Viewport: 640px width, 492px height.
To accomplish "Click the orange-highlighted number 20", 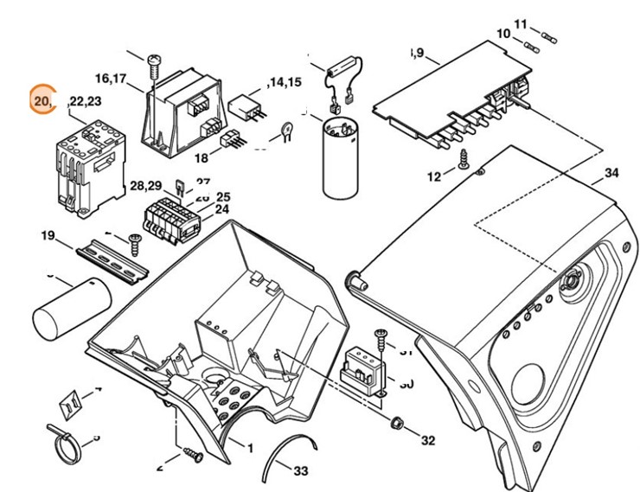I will (41, 102).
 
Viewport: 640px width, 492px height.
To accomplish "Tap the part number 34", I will (611, 174).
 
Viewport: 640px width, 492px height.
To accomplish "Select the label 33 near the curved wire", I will (300, 471).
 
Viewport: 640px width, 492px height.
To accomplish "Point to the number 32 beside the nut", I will (427, 441).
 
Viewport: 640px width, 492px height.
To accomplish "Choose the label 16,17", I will (112, 79).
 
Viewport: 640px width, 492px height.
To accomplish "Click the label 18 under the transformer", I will (202, 158).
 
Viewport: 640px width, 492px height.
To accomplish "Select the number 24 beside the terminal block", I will (222, 209).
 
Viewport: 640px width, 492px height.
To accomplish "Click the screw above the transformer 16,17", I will (154, 64).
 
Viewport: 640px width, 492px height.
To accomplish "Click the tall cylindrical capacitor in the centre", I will (340, 160).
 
